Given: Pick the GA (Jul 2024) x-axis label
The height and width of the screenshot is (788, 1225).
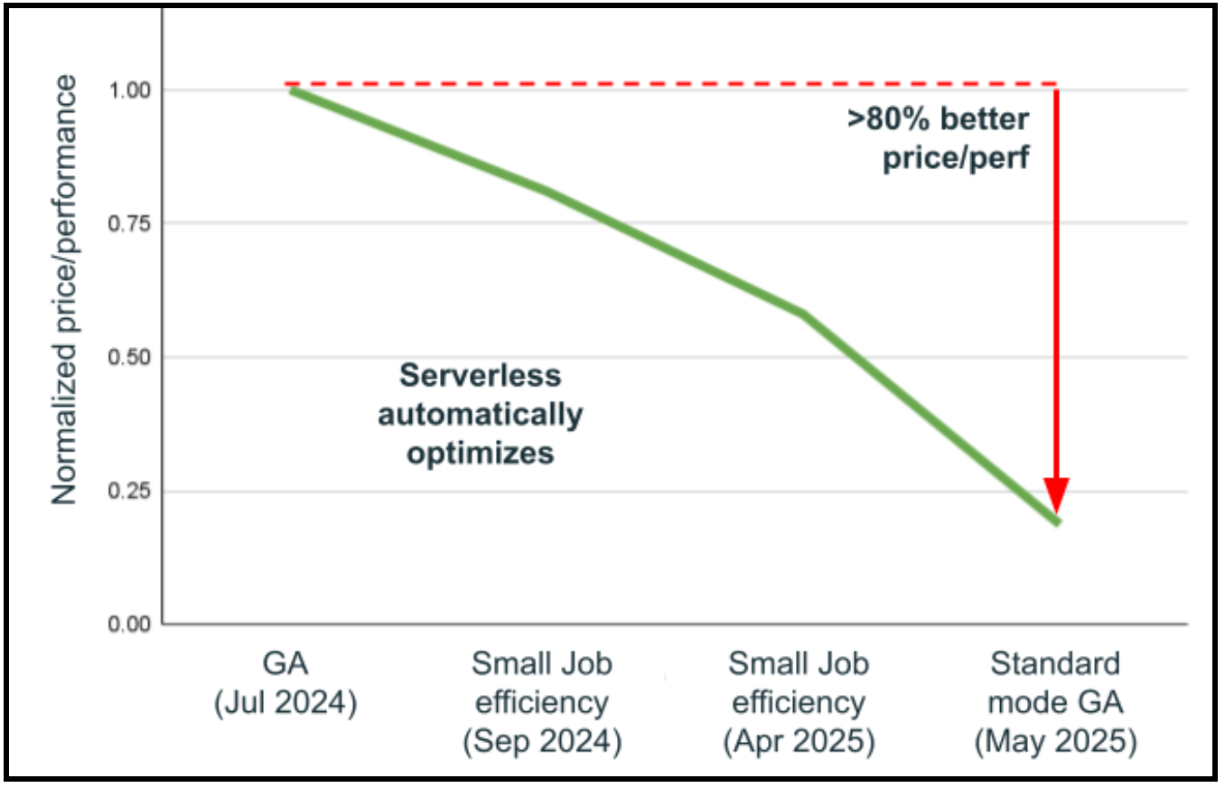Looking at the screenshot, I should point(286,683).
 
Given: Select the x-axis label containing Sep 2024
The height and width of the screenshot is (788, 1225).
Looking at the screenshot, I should point(542,703).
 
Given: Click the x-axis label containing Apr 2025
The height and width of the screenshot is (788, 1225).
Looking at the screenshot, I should point(799,703).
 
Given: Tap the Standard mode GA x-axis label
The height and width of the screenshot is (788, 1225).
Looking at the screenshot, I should point(1054,703).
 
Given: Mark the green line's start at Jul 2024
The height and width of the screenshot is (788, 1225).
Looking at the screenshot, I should point(291,90).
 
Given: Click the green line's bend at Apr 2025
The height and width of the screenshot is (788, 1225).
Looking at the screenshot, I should point(802,314).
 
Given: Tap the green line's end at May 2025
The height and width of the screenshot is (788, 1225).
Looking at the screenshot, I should point(1057,522).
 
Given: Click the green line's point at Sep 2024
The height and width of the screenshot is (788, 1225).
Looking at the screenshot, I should point(547,191).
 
